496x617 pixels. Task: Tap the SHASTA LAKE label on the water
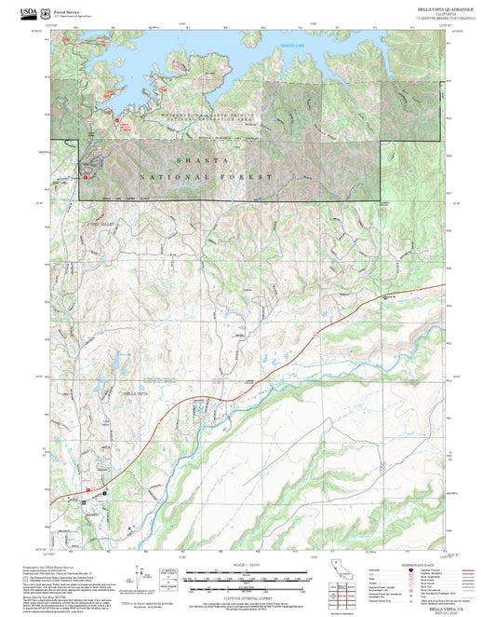pyautogui.click(x=294, y=45)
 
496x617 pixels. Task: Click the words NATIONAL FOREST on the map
pyautogui.click(x=207, y=176)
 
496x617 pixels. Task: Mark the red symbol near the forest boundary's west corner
pyautogui.click(x=86, y=175)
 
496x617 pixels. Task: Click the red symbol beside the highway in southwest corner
pyautogui.click(x=88, y=487)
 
